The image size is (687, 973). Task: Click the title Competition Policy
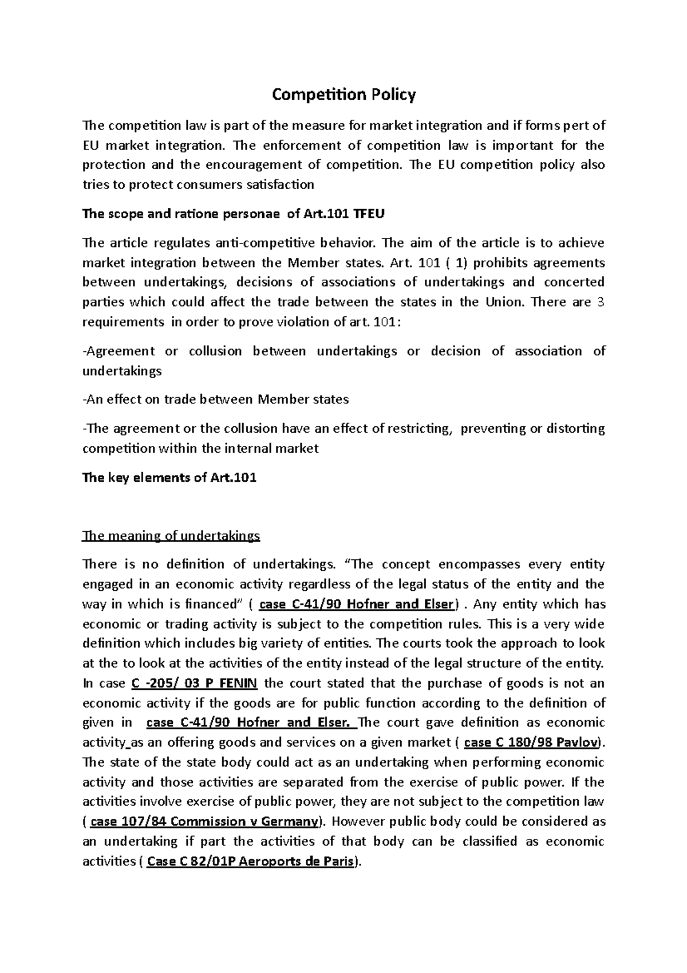coord(343,95)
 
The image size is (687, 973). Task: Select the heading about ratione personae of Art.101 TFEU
coord(234,214)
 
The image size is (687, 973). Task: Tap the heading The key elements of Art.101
coord(169,477)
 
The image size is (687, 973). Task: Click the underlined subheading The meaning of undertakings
coord(171,536)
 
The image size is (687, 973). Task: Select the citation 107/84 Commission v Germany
coord(204,822)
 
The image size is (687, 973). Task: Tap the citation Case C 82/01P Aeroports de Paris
coord(250,861)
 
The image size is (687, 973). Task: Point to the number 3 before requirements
coord(601,302)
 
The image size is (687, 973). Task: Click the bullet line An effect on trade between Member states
coord(216,399)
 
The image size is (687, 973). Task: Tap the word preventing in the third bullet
coord(493,429)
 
